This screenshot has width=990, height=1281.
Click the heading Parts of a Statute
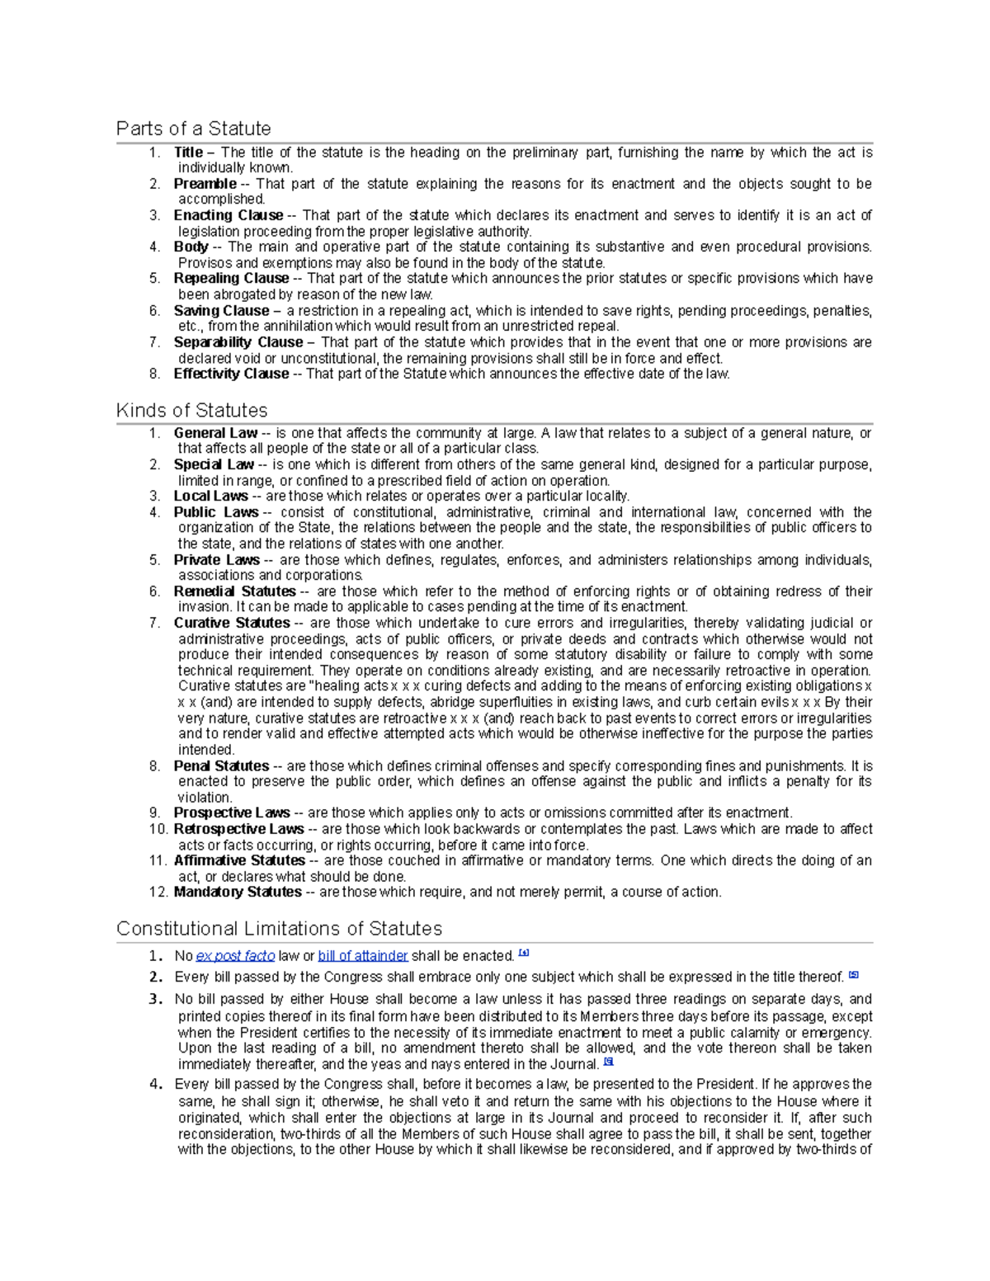[193, 129]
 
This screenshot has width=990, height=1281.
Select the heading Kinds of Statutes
[191, 410]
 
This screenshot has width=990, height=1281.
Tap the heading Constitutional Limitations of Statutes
[279, 929]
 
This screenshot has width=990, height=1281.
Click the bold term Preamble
[205, 184]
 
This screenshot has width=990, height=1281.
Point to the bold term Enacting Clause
[228, 215]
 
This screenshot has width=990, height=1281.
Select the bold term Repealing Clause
[231, 279]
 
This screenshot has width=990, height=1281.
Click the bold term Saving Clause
[221, 311]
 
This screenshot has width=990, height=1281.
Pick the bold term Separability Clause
[238, 342]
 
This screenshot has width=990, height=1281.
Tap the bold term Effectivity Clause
[231, 374]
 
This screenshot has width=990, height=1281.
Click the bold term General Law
[215, 433]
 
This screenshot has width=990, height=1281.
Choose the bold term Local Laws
[210, 497]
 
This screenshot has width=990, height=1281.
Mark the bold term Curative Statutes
[232, 624]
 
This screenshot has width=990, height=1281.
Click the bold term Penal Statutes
[221, 766]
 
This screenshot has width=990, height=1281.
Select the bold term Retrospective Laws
[238, 829]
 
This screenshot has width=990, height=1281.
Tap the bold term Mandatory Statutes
[238, 892]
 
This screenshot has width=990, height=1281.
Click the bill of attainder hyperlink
[363, 956]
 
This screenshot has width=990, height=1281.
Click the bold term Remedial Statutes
[234, 591]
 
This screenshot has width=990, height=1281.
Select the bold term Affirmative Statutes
[239, 861]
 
